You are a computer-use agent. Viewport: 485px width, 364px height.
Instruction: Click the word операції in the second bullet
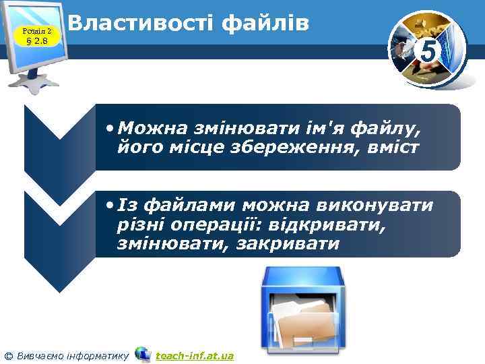tap(216, 224)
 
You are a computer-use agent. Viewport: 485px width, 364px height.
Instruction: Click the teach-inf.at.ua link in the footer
tap(195, 355)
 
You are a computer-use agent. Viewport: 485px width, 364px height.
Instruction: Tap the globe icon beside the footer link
tap(143, 354)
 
